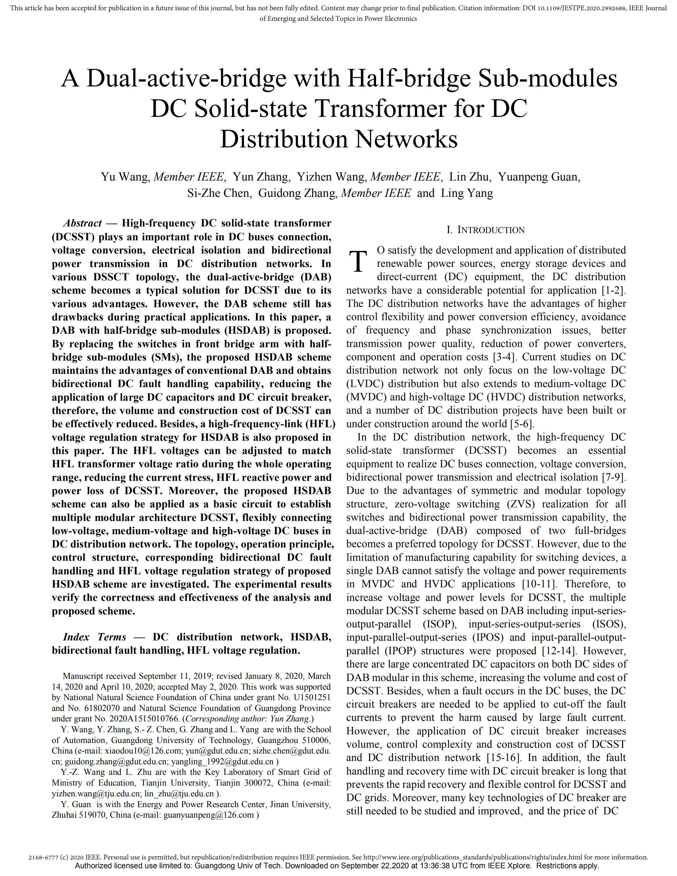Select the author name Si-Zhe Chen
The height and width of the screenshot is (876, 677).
coord(218,193)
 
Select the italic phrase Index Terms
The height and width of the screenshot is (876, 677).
coord(95,637)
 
